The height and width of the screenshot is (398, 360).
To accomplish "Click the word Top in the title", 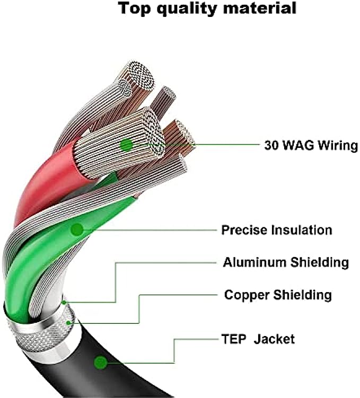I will (134, 8).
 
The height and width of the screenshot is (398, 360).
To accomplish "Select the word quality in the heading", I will (186, 10).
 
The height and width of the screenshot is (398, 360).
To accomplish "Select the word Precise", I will (244, 230).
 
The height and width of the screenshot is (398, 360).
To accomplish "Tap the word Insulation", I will (302, 230).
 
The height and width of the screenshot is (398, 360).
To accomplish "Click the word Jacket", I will (274, 339).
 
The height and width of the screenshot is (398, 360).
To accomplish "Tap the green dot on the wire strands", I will (126, 144).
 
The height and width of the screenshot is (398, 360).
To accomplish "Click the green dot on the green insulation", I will (77, 229).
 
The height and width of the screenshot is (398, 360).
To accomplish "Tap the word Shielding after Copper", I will (302, 295).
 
